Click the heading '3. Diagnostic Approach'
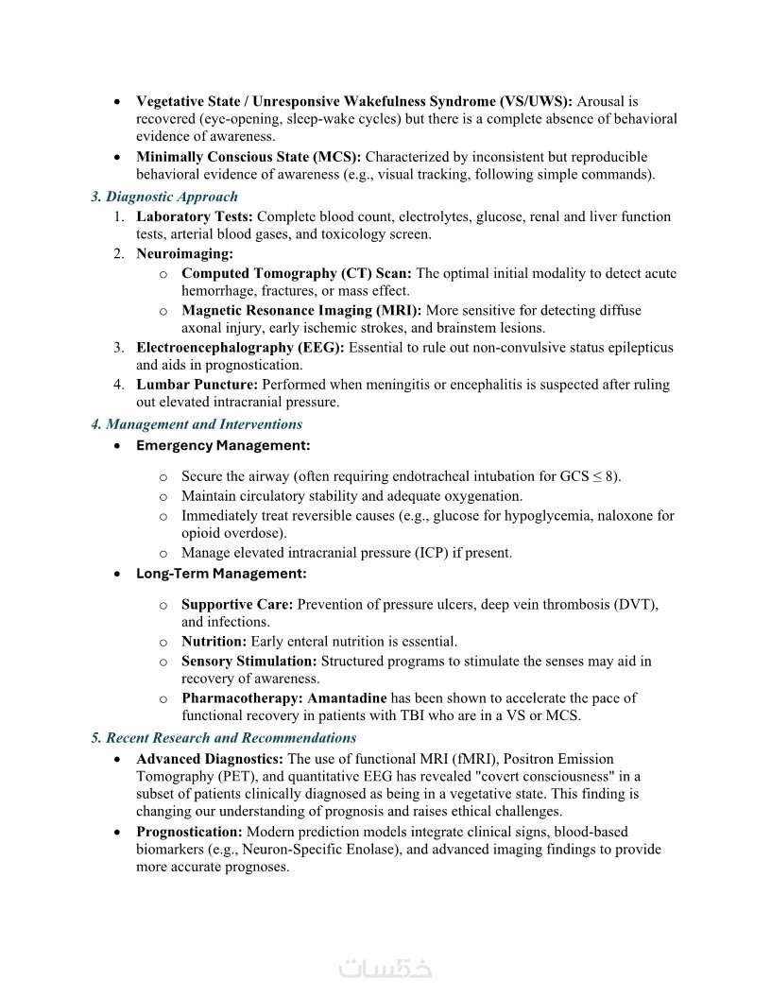[x=164, y=197]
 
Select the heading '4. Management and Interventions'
[x=197, y=424]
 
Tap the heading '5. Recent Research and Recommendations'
[x=224, y=737]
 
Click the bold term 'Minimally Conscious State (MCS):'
[x=248, y=157]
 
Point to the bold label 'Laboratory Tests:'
[x=195, y=216]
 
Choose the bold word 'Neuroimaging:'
[x=184, y=253]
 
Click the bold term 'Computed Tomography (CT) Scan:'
[x=297, y=273]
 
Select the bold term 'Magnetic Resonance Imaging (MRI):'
[x=301, y=310]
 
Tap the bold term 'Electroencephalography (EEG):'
[x=241, y=347]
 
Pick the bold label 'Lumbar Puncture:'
[x=197, y=385]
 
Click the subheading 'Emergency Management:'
[x=223, y=445]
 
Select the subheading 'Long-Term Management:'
[x=221, y=574]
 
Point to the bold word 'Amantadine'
[x=347, y=698]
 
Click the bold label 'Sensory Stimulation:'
[x=249, y=661]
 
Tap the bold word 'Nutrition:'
[x=214, y=642]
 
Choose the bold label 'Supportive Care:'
[x=237, y=604]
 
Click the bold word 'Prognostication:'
[x=189, y=832]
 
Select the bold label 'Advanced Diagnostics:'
[x=210, y=759]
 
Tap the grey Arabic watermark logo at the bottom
[x=385, y=969]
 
